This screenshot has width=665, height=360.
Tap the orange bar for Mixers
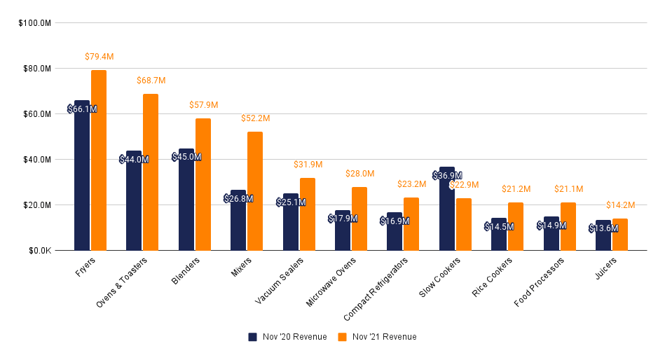click(255, 191)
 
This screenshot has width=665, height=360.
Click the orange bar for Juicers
click(620, 235)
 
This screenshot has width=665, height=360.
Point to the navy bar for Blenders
click(186, 200)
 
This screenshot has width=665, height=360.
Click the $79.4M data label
click(99, 56)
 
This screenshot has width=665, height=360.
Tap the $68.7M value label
click(151, 81)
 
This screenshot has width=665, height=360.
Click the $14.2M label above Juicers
click(620, 205)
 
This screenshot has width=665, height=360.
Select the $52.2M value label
click(255, 118)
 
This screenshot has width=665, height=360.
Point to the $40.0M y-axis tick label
click(36, 160)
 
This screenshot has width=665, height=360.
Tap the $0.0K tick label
click(38, 251)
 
